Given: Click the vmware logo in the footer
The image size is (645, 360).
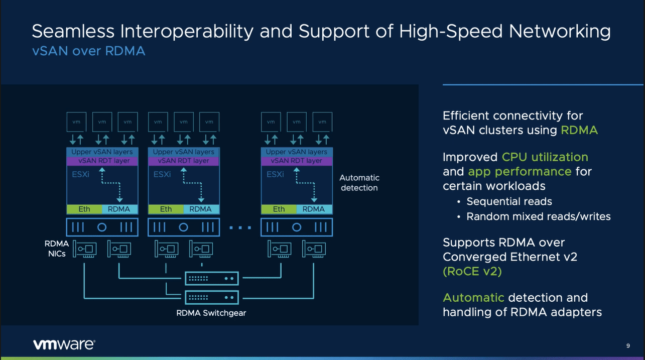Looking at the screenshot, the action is [x=64, y=344].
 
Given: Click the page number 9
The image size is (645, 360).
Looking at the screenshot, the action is [x=628, y=345].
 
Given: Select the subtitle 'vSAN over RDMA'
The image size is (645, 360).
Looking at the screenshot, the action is [x=88, y=51].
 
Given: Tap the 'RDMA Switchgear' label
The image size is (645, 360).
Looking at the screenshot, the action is [x=211, y=313].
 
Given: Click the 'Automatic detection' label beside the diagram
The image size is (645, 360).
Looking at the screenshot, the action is [x=359, y=183].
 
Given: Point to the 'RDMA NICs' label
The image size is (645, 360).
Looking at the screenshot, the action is [x=57, y=249].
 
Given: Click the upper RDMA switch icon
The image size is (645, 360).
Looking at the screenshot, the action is [x=212, y=279].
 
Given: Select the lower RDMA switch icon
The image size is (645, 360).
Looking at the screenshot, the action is [x=212, y=298].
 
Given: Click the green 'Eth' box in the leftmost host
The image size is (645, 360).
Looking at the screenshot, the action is [x=84, y=209].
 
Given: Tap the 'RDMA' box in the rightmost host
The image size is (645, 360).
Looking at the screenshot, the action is [x=314, y=209].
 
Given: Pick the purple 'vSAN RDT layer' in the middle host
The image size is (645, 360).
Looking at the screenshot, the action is [x=184, y=161].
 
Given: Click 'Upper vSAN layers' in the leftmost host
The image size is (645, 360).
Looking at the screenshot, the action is [x=102, y=152].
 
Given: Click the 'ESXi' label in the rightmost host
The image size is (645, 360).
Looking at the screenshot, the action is [x=275, y=174].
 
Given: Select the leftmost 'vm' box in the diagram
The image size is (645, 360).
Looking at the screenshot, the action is [x=76, y=122].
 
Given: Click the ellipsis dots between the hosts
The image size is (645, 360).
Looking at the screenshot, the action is [x=240, y=227].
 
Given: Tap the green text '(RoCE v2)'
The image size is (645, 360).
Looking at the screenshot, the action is [x=472, y=271].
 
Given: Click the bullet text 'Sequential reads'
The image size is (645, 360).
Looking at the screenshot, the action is [x=509, y=201].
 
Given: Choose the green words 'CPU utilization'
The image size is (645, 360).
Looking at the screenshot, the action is [x=545, y=157].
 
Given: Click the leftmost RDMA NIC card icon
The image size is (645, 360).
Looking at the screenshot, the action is [x=85, y=249].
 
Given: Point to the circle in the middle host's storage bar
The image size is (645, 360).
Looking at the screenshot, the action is [x=183, y=227].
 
